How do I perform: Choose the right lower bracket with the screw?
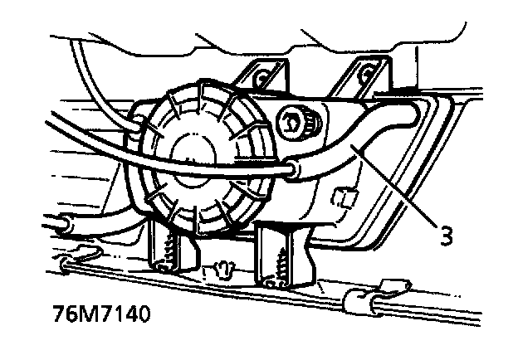click(282, 253)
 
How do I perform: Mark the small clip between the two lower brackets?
click(222, 270)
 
